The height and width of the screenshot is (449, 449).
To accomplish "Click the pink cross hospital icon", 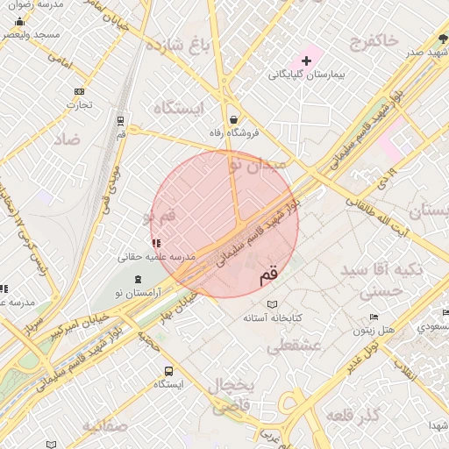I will coord(306,61).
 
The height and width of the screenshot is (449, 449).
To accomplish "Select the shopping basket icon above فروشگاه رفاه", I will coord(234,119).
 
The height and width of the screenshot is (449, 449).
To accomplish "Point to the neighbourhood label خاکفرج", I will coord(373,40).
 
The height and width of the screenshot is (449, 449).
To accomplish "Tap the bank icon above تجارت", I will coord(80,91).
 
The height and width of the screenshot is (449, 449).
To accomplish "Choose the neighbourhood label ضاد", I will coord(66,139).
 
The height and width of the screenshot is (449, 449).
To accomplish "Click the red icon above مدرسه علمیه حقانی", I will coord(156,242).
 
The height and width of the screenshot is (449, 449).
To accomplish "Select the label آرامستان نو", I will coord(140,296).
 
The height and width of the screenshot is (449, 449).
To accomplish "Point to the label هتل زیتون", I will coord(377,331).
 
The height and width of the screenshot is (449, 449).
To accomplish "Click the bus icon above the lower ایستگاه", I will coord(169,371).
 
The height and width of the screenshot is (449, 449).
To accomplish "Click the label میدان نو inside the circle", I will coord(257,163).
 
